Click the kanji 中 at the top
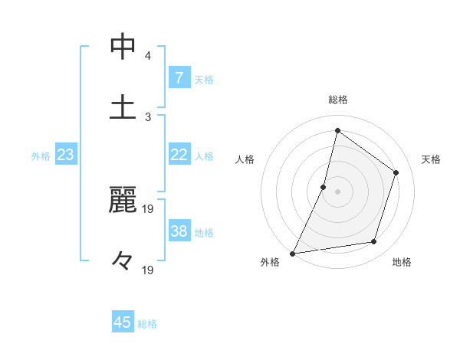pos(123,46)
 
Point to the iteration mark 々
pos(123,260)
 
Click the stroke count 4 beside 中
pos(148,56)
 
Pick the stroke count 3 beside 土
pos(148,116)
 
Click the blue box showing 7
pos(179,78)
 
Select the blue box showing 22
pos(179,155)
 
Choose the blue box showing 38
pos(179,231)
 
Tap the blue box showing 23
pos(66,155)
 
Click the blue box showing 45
pos(123,322)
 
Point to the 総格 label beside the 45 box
pos(147,323)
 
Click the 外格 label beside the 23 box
pos(41,155)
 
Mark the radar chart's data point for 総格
pos(337,131)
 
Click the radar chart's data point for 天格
pos(396,172)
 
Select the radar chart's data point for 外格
pos(292,254)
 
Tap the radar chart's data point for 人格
pos(324,187)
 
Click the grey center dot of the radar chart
pos(337,191)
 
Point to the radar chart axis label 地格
pos(402,263)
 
